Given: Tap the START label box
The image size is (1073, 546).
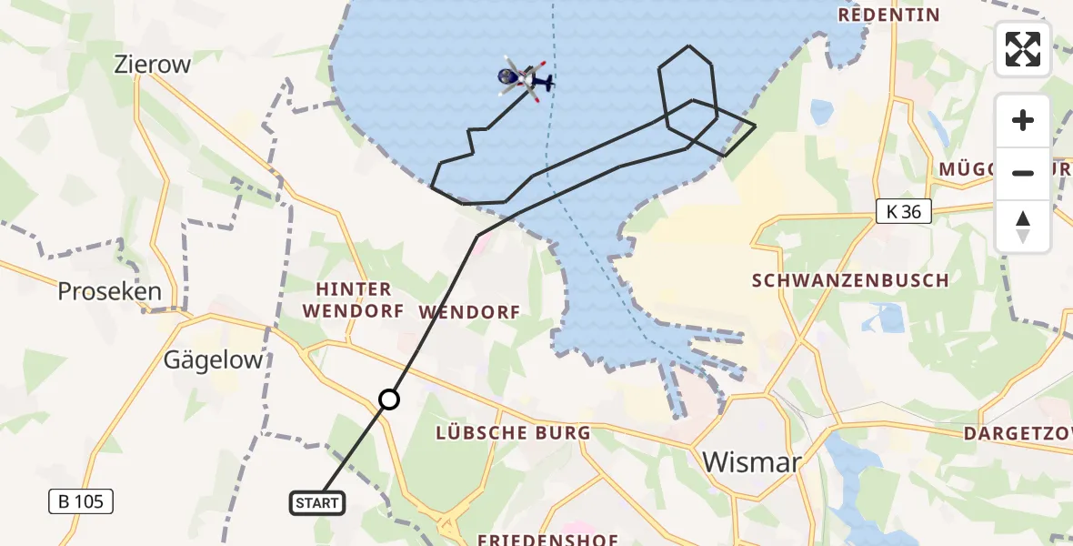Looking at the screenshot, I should coord(317,502).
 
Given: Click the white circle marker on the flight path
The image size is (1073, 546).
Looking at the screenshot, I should coord(388,399).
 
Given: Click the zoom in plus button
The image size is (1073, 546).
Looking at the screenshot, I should coord(1023,121).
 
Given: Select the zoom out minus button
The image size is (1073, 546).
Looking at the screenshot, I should coord(1023,173).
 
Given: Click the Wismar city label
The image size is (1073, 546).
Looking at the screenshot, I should coord(752,462).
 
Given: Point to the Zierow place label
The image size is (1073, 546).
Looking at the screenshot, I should coord(152,65).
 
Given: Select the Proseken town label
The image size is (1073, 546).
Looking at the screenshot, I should coord(109,291).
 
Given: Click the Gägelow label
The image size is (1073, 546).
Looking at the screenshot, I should coord(213,359).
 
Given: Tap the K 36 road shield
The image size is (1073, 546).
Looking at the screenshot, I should coord(904,212).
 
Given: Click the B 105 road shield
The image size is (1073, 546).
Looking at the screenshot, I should coord(82,500).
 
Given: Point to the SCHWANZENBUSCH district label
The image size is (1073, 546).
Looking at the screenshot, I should coord(851,280).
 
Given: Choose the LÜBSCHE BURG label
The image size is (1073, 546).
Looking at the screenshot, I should coord(513,433).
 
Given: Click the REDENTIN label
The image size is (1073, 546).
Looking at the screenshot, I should coord(888,15).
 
